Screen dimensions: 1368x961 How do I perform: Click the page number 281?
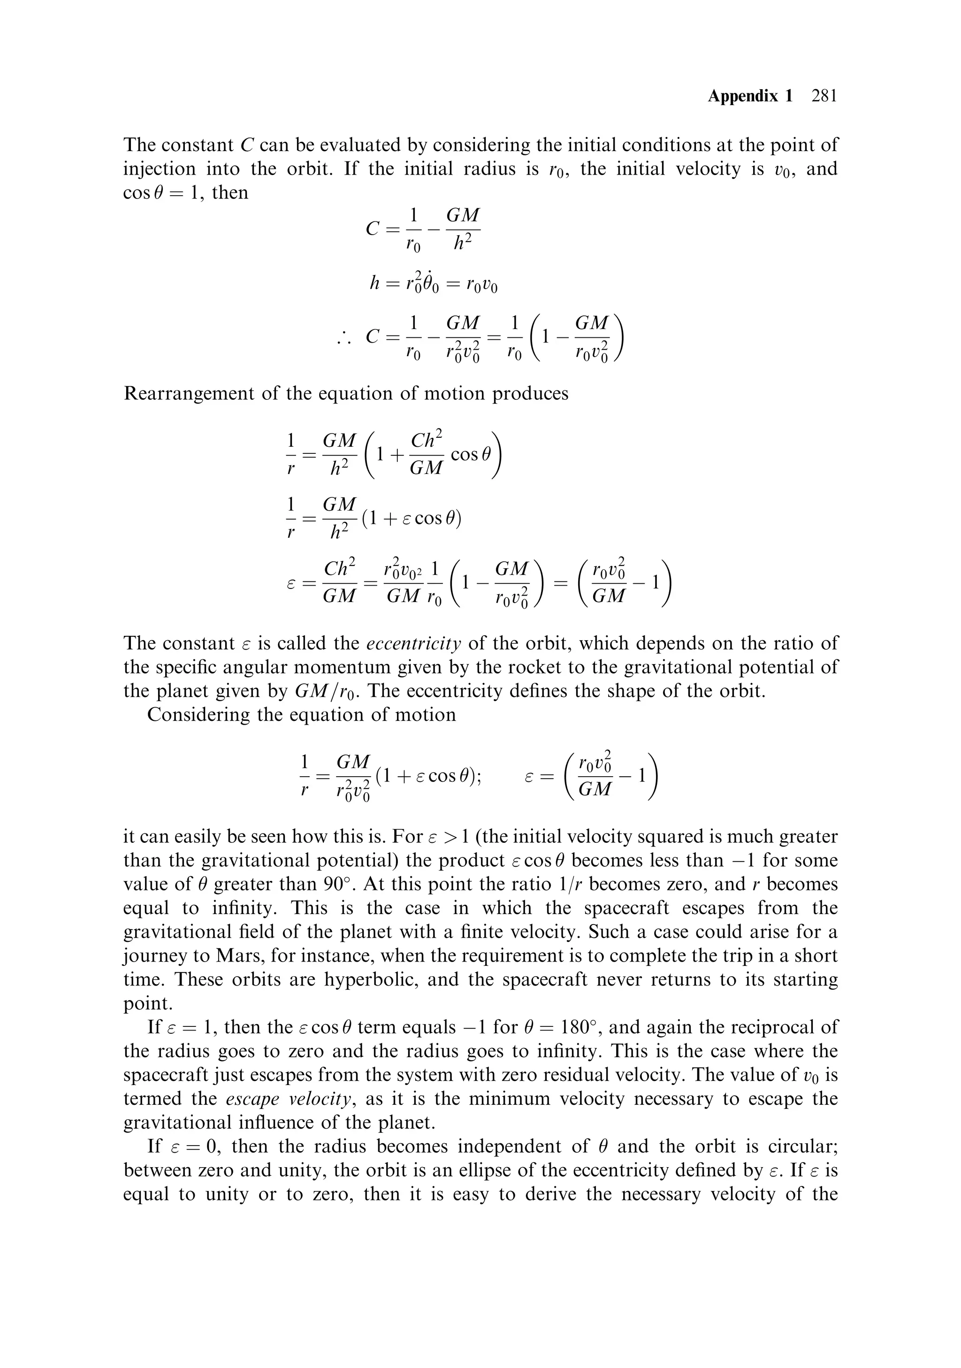(824, 96)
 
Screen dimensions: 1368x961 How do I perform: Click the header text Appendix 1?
(750, 96)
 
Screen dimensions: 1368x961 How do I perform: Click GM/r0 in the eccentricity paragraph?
(327, 692)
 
